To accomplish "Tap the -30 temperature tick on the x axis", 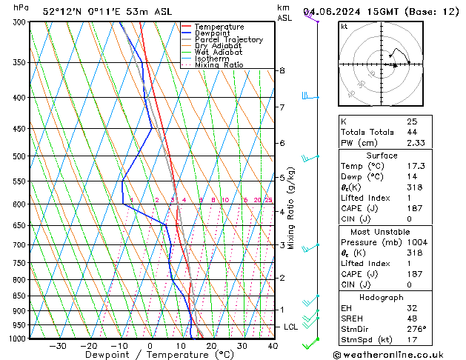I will pos(57,345).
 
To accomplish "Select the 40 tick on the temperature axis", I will pos(273,345).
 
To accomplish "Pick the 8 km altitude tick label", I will pos(282,70).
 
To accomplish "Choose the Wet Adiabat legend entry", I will pos(218,53).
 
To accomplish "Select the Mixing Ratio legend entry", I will pos(219,65).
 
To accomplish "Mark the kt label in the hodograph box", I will pos(344,27).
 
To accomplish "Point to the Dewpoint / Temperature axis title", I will pos(150,355).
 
